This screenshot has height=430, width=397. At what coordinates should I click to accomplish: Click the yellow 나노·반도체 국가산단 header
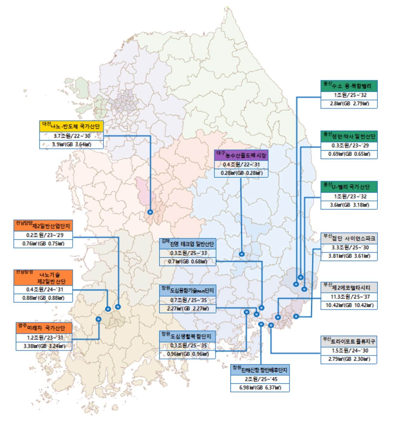pos(71,126)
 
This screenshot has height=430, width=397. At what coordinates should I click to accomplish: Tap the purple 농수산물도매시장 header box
pos(241,155)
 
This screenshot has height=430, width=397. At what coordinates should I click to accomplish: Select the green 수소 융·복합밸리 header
pos(349,86)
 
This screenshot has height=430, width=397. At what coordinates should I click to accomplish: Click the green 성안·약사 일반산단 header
pos(349,137)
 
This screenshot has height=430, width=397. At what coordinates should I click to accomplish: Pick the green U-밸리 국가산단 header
pos(349,187)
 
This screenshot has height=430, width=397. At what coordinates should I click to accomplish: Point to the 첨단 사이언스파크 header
pos(349,238)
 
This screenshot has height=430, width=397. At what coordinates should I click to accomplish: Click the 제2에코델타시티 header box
pos(349,287)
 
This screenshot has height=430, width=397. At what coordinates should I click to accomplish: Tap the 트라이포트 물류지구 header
pos(349,341)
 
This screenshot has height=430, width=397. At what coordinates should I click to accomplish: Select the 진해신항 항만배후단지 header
pos(260,370)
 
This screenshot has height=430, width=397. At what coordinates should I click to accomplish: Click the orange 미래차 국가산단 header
pos(44,328)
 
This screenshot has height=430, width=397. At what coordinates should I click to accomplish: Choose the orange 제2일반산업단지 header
pos(43,226)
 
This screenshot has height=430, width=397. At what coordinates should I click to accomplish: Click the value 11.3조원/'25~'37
pos(349,297)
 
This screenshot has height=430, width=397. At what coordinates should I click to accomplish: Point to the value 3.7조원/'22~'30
pos(71,136)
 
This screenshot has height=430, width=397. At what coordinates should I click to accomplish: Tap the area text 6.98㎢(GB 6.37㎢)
pos(260,388)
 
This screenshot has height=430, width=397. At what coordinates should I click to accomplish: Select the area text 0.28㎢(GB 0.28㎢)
pos(241,173)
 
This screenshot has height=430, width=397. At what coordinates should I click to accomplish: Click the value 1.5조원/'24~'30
pos(349,351)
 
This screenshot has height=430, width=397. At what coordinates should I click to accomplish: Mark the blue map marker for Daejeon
pos(150,212)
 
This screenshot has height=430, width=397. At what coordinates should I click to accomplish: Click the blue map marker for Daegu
pos(242,254)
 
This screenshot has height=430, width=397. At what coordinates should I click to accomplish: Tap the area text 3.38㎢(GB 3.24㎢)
pos(44,346)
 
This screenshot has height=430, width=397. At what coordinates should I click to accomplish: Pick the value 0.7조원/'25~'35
pos(188,300)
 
